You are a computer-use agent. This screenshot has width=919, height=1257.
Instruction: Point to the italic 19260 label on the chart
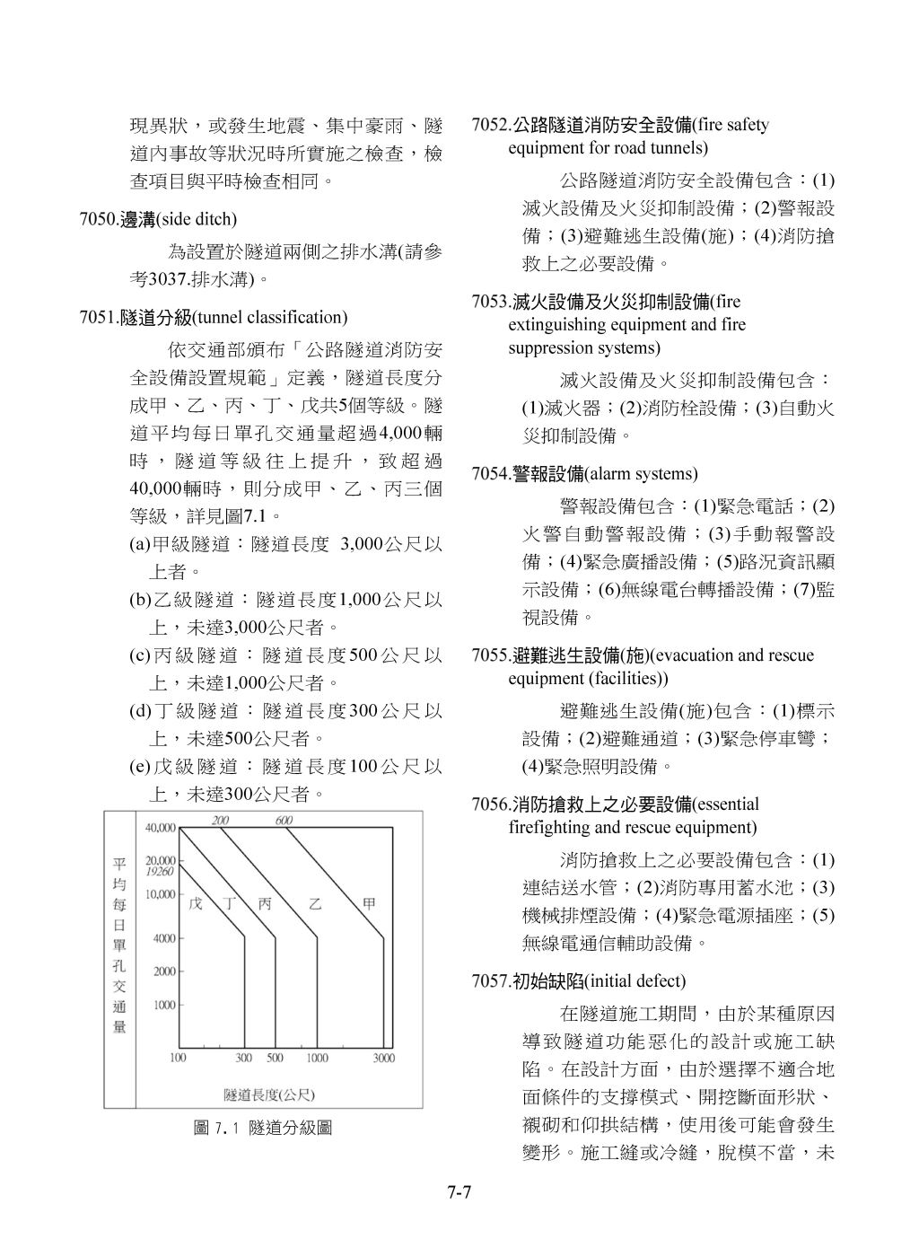pyautogui.click(x=159, y=871)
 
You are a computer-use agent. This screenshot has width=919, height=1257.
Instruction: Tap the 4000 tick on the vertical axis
pyautogui.click(x=163, y=939)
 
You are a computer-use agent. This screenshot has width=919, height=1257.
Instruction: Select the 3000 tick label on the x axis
pyautogui.click(x=383, y=1059)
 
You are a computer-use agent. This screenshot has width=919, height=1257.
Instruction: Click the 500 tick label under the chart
pyautogui.click(x=275, y=1059)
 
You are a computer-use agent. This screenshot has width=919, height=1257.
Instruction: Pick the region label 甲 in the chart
pyautogui.click(x=369, y=904)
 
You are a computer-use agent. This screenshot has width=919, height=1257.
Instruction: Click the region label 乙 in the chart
pyautogui.click(x=315, y=904)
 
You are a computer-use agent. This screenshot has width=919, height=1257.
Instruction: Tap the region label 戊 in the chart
pyautogui.click(x=195, y=904)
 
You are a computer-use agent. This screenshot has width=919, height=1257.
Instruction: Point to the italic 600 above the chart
pyautogui.click(x=284, y=821)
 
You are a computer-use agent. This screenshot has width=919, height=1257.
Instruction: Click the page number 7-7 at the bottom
pyautogui.click(x=459, y=1193)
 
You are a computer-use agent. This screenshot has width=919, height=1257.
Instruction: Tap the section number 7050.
pyautogui.click(x=99, y=219)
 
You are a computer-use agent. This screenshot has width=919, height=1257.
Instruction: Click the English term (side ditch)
pyautogui.click(x=197, y=219)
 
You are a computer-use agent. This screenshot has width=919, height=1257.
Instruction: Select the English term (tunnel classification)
pyautogui.click(x=270, y=317)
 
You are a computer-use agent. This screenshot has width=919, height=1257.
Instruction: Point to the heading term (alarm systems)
pyautogui.click(x=641, y=473)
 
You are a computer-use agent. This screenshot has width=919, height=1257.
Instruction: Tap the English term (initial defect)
pyautogui.click(x=635, y=980)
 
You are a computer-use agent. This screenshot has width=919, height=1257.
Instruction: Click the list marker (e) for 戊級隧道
pyautogui.click(x=139, y=767)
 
